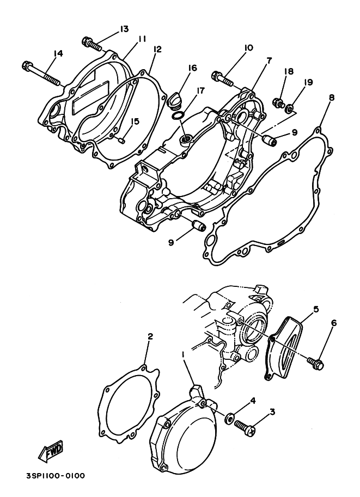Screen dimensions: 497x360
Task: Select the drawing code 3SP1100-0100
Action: coord(55,475)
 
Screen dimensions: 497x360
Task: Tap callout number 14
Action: coord(58,53)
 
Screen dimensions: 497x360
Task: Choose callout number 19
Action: coord(309,82)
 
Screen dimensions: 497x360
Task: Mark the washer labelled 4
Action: coord(229,418)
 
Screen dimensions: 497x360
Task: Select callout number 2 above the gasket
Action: coord(150,337)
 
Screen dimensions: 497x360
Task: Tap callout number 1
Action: coord(182,354)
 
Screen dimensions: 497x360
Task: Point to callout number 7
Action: coord(269,60)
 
